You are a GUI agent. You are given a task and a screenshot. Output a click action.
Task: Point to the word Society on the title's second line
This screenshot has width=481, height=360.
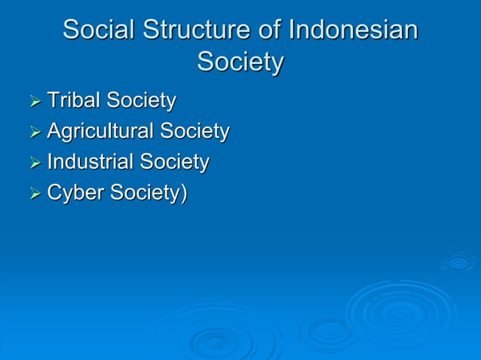pyautogui.click(x=240, y=62)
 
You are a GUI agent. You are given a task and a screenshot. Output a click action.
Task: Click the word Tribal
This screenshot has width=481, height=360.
pyautogui.click(x=74, y=100)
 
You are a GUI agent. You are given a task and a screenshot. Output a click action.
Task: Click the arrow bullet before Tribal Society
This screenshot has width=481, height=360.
pyautogui.click(x=34, y=101)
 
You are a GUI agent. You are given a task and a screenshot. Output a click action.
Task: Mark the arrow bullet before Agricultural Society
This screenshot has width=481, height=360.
pyautogui.click(x=34, y=133)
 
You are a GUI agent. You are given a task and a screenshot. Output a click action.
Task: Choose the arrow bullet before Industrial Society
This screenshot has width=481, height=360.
pyautogui.click(x=34, y=163)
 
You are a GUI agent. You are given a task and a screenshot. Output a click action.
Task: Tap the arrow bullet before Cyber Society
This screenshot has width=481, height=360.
pyautogui.click(x=34, y=194)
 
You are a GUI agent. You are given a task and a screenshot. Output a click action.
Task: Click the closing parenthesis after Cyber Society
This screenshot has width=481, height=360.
pyautogui.click(x=183, y=194)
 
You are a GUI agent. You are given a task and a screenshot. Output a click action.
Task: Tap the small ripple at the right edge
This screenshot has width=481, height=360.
pyautogui.click(x=458, y=261)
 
